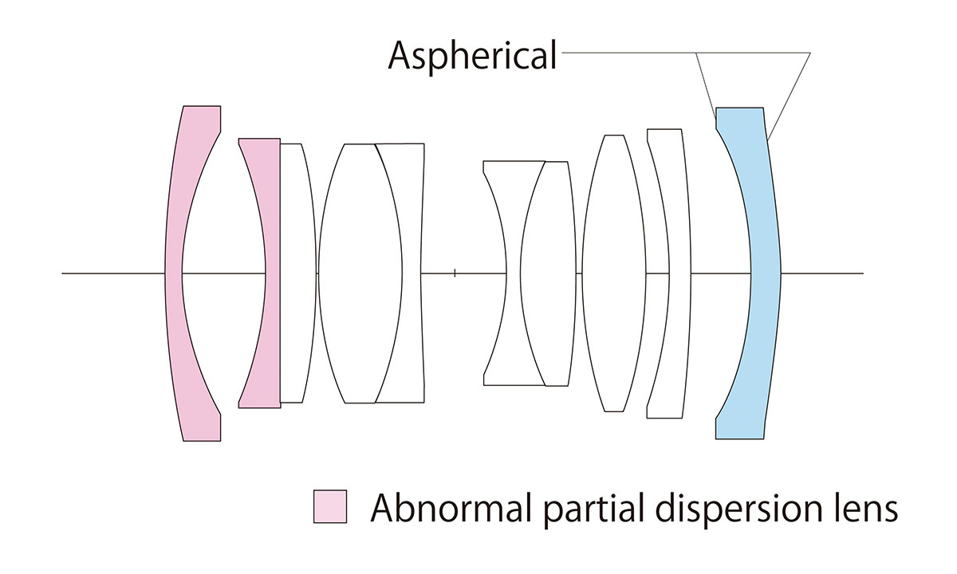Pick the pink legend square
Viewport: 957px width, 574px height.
tap(330, 507)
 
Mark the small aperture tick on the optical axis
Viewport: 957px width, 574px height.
tap(455, 273)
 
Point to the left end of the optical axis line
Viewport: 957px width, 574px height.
tap(64, 273)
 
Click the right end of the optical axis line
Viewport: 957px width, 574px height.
tap(862, 273)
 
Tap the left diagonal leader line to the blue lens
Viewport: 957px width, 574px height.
tap(705, 88)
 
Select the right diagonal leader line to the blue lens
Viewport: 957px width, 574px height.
tap(790, 96)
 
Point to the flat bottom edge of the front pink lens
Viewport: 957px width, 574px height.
tap(202, 440)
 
